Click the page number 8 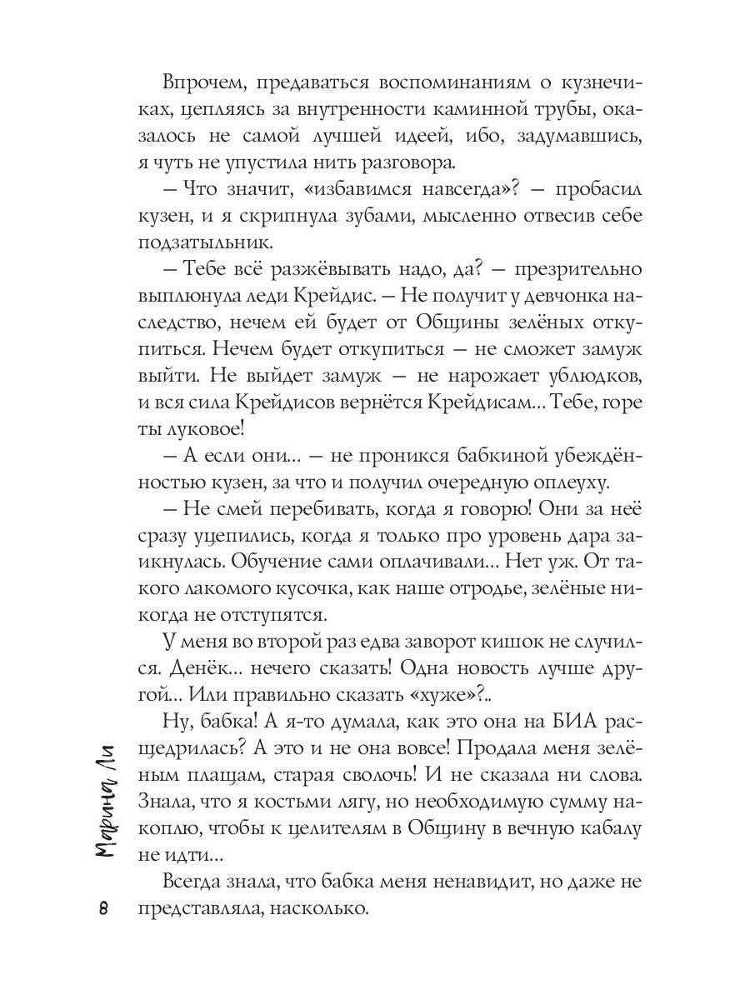click(104, 907)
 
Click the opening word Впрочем click(197, 84)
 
